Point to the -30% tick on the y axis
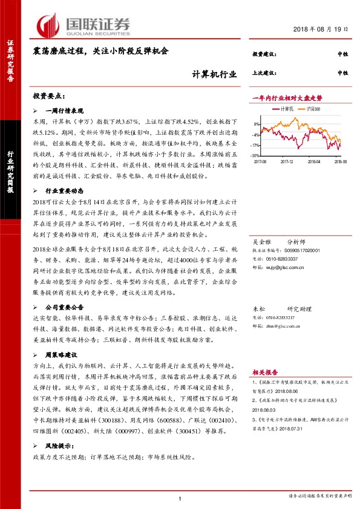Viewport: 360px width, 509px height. point(257,155)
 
